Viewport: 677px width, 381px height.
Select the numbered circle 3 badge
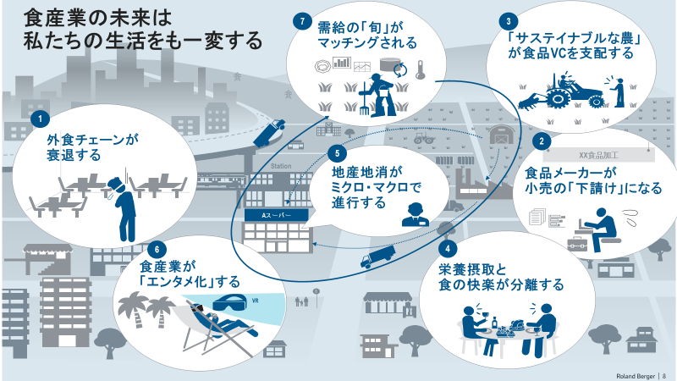(508, 21)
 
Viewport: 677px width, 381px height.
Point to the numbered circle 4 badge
(448, 250)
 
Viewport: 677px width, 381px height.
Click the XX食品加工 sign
(598, 156)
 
